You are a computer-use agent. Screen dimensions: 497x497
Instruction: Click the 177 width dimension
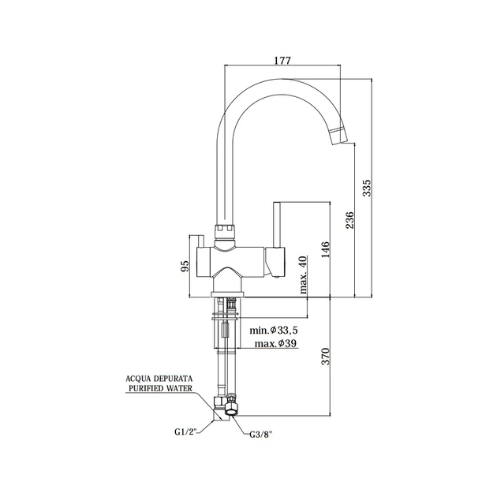point(282,61)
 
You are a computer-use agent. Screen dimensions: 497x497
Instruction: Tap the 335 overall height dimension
point(366,188)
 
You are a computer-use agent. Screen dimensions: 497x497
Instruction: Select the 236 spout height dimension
point(349,220)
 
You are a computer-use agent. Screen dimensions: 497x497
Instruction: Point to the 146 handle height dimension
point(326,249)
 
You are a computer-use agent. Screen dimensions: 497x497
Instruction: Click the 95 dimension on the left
point(185,266)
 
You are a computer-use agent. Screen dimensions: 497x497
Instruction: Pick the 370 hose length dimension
point(326,357)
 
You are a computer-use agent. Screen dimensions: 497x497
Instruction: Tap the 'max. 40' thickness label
point(303,275)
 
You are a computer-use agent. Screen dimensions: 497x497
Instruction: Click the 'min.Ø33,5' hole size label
point(274,331)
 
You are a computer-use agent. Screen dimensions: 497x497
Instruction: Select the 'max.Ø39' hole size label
point(276,343)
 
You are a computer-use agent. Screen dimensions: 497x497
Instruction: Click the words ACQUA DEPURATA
point(159,379)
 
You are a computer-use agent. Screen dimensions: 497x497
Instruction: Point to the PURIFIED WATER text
point(159,388)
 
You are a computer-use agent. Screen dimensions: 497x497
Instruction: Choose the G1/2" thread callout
point(185,432)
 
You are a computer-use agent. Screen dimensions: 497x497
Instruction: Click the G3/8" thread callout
point(261,435)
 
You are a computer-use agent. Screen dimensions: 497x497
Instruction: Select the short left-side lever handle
point(200,241)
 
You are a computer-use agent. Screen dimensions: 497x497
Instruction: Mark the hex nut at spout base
point(226,232)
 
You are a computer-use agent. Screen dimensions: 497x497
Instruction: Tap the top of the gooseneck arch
point(282,79)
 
